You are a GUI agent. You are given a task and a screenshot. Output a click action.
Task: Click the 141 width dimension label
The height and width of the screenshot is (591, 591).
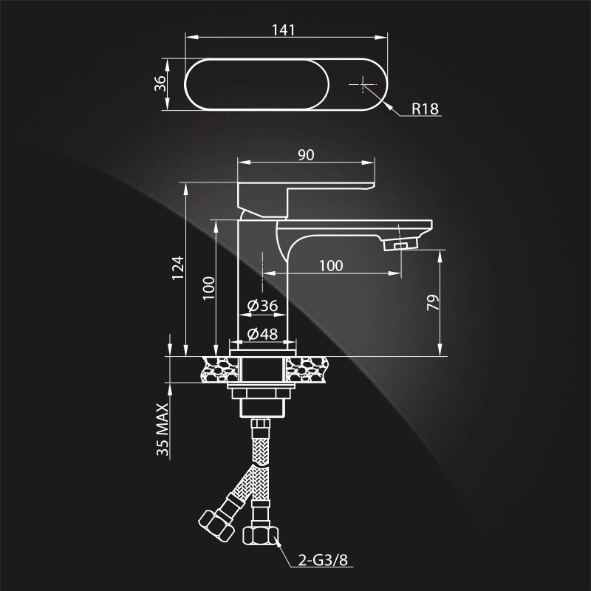point(284,30)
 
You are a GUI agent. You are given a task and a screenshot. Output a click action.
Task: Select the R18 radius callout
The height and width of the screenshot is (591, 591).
point(425,109)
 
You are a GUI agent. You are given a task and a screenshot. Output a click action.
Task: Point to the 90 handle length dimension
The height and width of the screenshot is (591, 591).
point(306,154)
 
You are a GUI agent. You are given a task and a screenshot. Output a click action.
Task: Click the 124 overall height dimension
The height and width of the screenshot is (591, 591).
point(177,268)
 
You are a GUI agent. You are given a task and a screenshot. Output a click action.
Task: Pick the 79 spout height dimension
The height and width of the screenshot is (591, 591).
point(434,303)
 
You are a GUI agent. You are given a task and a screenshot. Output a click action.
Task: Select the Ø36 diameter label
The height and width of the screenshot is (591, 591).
point(262,306)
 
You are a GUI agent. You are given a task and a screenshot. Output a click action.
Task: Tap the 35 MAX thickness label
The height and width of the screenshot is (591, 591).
point(164,430)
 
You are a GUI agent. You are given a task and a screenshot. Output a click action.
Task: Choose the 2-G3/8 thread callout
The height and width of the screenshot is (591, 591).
point(322,559)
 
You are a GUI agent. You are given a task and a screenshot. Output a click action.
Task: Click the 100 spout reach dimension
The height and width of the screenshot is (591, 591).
point(331,266)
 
